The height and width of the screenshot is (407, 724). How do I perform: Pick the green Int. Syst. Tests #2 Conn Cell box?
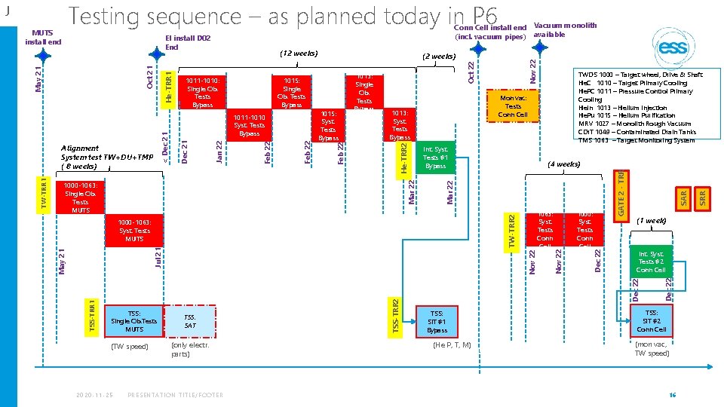pyautogui.click(x=650, y=262)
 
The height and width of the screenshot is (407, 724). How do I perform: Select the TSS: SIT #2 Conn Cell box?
pyautogui.click(x=650, y=321)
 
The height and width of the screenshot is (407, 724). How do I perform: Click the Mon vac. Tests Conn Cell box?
pyautogui.click(x=513, y=106)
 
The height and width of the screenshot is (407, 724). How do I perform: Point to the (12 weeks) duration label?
pyautogui.click(x=299, y=54)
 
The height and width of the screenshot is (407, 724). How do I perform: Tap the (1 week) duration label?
pyautogui.click(x=650, y=222)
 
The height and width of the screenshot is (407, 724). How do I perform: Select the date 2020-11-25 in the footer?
pyautogui.click(x=94, y=394)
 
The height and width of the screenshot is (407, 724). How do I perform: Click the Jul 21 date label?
pyautogui.click(x=158, y=256)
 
